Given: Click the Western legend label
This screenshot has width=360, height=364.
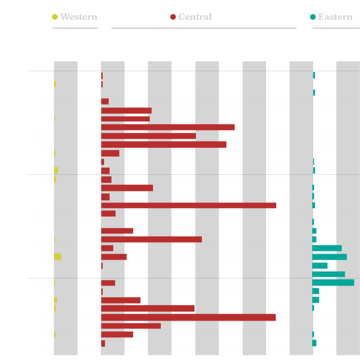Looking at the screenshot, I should click(78, 17).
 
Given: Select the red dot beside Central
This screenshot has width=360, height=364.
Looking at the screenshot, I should click(173, 17).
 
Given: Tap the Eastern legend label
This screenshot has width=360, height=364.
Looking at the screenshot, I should click(335, 17).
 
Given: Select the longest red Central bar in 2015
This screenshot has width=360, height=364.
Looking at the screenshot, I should click(189, 205).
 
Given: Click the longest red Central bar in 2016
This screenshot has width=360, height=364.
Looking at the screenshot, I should click(189, 317).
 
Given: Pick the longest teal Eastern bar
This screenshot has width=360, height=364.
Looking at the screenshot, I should click(333, 283).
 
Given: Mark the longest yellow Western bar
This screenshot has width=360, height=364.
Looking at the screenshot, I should click(58, 257).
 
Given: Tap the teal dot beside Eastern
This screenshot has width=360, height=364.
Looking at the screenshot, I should click(313, 17).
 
